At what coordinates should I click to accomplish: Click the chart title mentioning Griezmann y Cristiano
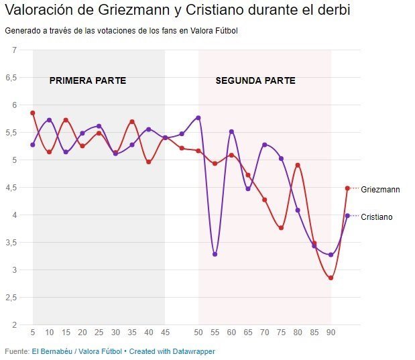click(x=177, y=11)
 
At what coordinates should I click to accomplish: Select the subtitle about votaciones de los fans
click(x=121, y=31)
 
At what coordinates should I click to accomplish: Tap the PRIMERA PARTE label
click(x=88, y=80)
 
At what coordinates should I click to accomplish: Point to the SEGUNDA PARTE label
click(x=255, y=80)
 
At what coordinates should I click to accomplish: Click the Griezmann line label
click(x=380, y=190)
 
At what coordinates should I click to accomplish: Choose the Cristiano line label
click(x=377, y=217)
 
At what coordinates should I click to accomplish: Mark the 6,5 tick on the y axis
click(x=11, y=77)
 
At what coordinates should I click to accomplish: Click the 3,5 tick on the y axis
click(x=11, y=243)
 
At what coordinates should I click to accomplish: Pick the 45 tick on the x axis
click(x=165, y=333)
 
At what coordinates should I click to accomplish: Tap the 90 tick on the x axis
click(x=331, y=333)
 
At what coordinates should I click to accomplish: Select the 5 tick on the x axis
click(x=33, y=333)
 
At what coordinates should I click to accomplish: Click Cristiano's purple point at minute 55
click(x=215, y=254)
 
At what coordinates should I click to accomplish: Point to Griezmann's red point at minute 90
click(x=331, y=278)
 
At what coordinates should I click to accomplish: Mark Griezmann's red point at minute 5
click(x=33, y=113)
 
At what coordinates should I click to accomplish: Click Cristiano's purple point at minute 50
click(x=198, y=117)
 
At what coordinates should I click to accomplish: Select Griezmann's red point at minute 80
click(x=298, y=165)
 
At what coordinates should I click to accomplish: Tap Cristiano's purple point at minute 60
click(x=231, y=131)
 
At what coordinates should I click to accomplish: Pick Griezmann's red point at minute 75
click(x=281, y=228)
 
